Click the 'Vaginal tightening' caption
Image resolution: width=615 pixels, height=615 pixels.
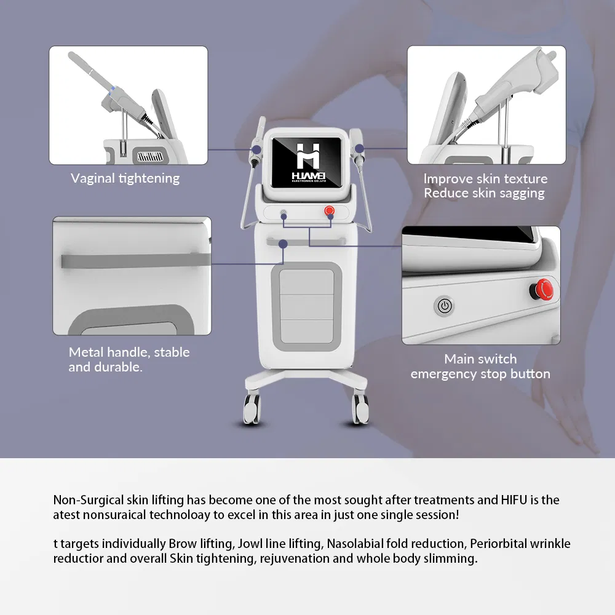coord(125,178)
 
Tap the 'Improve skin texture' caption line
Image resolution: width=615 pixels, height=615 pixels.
coord(485,179)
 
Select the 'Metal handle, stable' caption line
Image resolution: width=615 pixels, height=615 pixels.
coord(129,352)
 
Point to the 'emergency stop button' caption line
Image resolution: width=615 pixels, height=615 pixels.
coord(480,374)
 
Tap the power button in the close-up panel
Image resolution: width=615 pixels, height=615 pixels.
coord(444,305)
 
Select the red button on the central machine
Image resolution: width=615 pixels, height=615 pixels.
coord(330,211)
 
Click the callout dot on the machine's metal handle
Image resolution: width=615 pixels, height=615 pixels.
coord(284,244)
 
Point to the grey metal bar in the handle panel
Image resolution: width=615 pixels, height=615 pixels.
coord(129,260)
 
